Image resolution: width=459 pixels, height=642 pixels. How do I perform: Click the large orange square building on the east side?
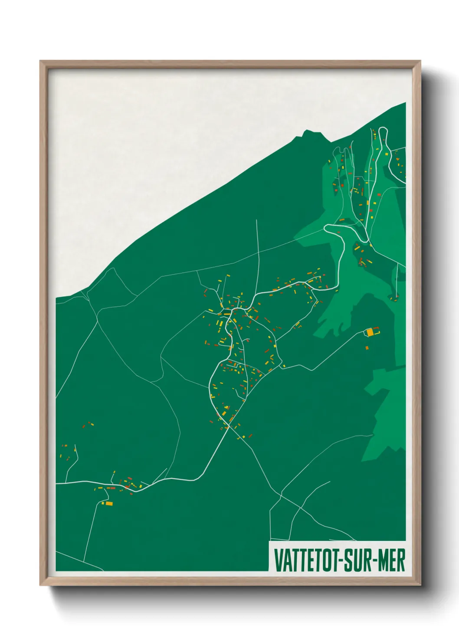tap(370, 332)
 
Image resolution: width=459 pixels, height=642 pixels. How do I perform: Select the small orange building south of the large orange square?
tap(367, 347)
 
